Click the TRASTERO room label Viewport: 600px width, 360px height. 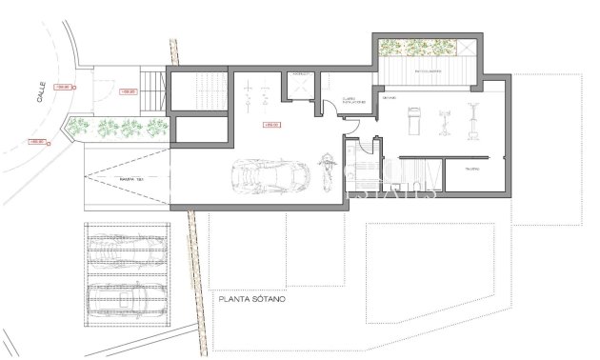click(x=471, y=169)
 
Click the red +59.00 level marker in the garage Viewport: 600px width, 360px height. click(x=270, y=125)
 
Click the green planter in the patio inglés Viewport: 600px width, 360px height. click(x=419, y=49)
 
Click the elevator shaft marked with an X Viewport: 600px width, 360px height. click(x=301, y=89)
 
